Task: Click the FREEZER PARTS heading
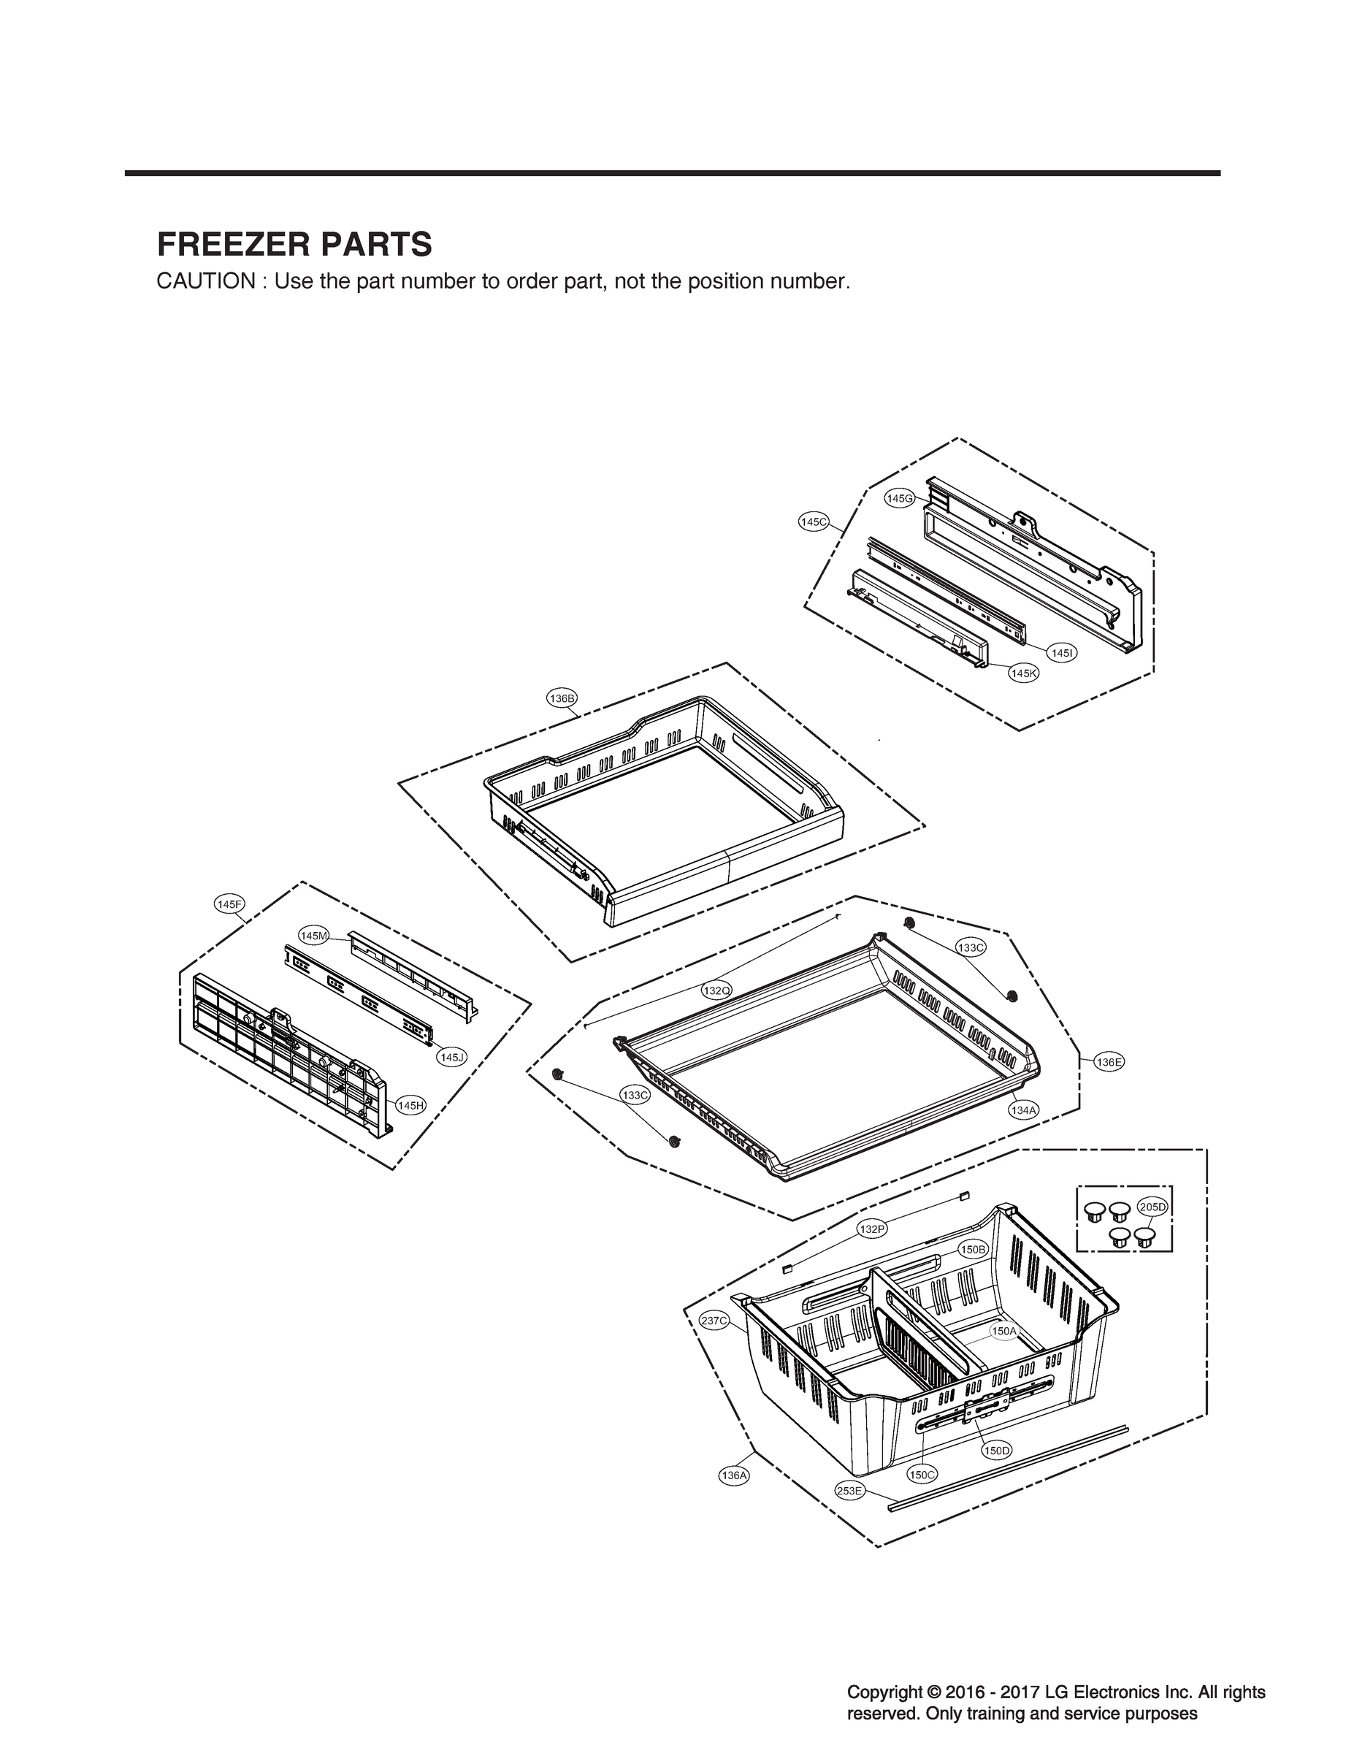[x=294, y=245]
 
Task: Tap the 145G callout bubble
[x=900, y=498]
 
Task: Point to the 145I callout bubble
[x=1062, y=653]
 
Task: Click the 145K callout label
[x=1023, y=673]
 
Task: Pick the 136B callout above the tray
[x=562, y=698]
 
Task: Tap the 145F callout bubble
[x=230, y=904]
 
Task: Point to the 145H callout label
[x=410, y=1106]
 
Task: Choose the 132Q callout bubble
[x=716, y=990]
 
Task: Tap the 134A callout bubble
[x=1023, y=1110]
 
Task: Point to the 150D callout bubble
[x=998, y=1450]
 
